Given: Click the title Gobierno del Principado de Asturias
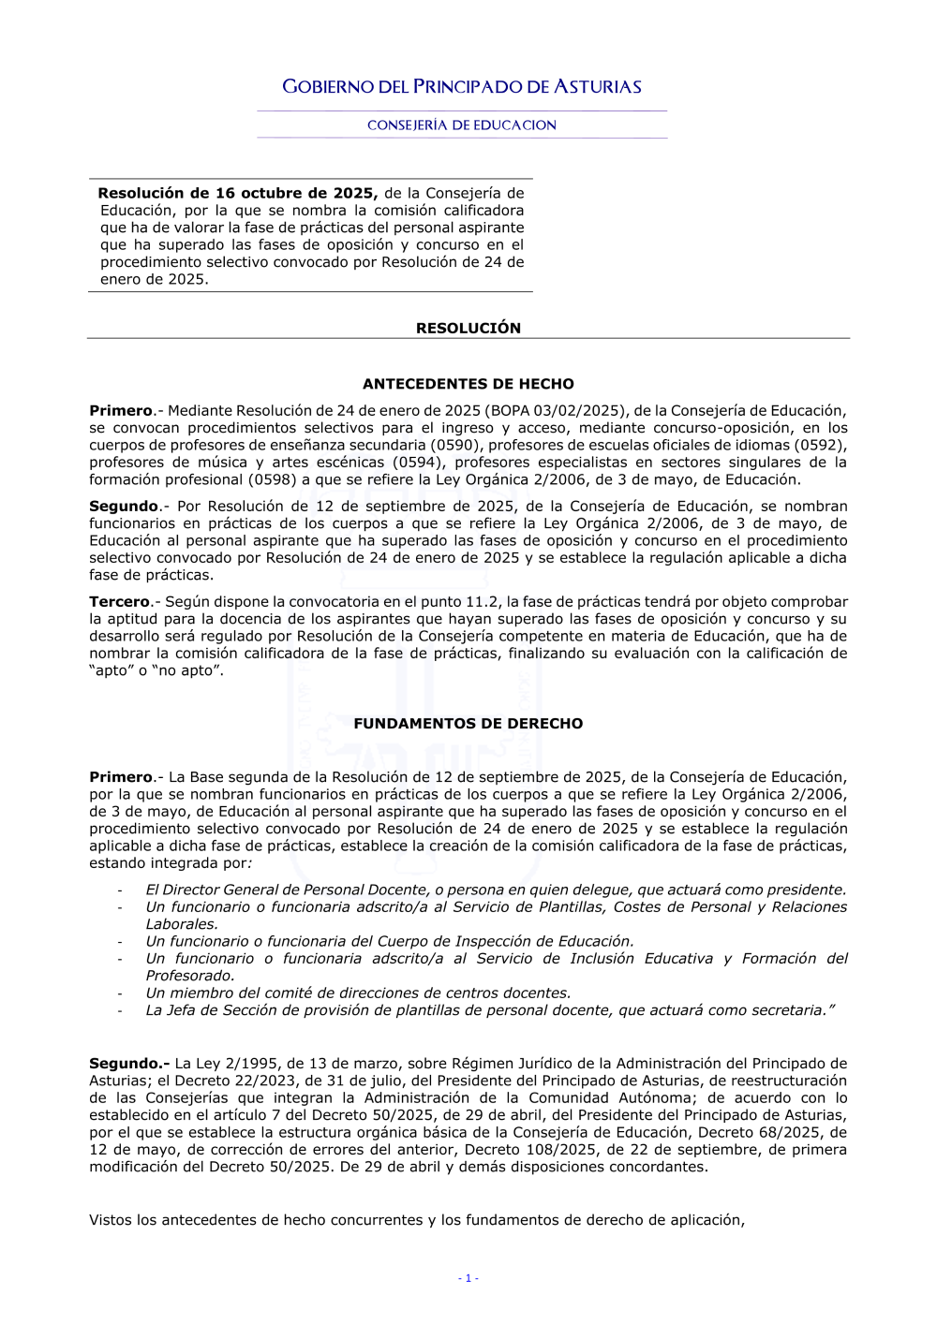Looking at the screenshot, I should pyautogui.click(x=462, y=87).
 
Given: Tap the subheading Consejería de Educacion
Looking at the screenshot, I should pyautogui.click(x=462, y=125).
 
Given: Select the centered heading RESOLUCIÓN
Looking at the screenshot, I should pyautogui.click(x=468, y=328).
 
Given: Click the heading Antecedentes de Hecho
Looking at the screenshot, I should pyautogui.click(x=468, y=384).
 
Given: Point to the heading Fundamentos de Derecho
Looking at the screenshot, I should pyautogui.click(x=468, y=724).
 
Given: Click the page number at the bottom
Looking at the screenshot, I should pyautogui.click(x=468, y=1278).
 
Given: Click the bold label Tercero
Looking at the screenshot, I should pyautogui.click(x=120, y=602).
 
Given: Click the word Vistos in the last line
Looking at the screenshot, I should pyautogui.click(x=112, y=1220).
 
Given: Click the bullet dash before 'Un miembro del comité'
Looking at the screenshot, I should pyautogui.click(x=120, y=993).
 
